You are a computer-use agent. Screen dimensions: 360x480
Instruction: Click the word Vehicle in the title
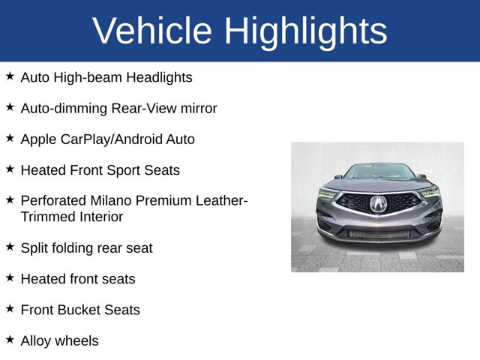(152, 31)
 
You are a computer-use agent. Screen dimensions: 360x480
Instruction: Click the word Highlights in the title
(305, 31)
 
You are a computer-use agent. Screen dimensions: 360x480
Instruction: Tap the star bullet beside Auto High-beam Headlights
(10, 76)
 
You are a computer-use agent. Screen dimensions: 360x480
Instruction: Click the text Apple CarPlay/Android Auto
(107, 139)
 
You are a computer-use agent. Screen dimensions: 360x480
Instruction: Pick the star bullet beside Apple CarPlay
(10, 138)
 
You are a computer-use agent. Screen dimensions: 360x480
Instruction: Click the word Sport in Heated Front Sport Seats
(127, 170)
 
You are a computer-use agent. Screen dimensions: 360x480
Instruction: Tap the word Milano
(115, 201)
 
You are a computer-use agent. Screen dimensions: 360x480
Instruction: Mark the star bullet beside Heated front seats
(10, 277)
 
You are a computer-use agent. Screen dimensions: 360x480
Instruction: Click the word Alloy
(36, 340)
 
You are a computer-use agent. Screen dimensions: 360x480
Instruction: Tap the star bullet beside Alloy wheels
(10, 339)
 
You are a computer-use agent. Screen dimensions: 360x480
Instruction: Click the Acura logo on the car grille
(378, 203)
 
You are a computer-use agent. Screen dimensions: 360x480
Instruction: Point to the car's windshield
(379, 172)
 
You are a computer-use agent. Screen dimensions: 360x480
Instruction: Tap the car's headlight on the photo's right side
(430, 192)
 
